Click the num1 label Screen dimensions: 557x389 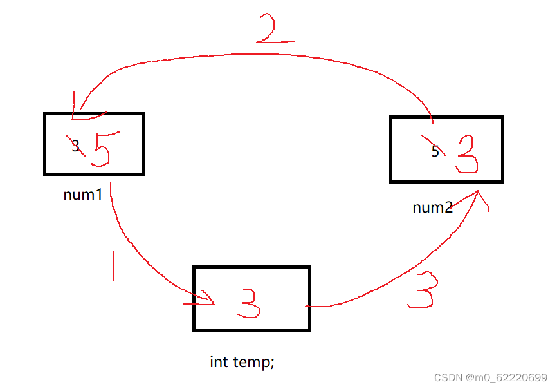click(83, 194)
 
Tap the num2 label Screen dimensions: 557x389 click(432, 207)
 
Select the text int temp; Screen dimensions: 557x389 click(242, 362)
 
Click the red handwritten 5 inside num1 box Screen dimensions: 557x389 click(102, 149)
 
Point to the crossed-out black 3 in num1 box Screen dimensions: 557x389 click(75, 146)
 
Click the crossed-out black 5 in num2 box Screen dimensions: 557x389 click(435, 151)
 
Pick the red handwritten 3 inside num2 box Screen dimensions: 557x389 click(467, 155)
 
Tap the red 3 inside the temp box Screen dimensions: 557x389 click(248, 303)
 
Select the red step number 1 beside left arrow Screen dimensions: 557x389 click(114, 266)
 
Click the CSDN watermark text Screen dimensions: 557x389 click(449, 377)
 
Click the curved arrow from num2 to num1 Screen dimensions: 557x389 click(257, 61)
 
